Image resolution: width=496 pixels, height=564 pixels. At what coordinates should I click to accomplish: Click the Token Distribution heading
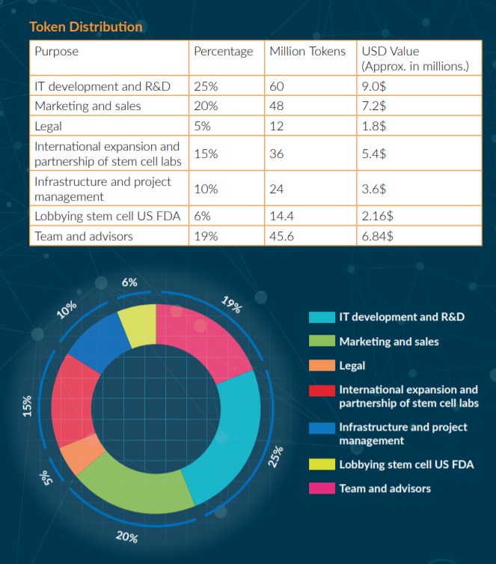coord(85,27)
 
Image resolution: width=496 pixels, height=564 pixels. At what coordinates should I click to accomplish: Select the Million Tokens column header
coord(307,52)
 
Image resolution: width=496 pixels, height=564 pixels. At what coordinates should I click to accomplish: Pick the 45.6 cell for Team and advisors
coord(282,236)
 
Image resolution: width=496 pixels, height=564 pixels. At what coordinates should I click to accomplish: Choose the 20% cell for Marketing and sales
coord(206,106)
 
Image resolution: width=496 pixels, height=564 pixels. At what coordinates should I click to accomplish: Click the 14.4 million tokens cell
coord(281,216)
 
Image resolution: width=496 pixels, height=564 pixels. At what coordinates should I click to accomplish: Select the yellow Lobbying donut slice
coord(138,324)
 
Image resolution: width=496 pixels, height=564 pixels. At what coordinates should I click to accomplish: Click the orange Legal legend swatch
coord(322,366)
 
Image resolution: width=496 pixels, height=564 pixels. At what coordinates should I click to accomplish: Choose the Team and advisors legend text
coord(385,488)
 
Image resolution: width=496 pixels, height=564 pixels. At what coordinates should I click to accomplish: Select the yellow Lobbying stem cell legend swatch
coord(322,464)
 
